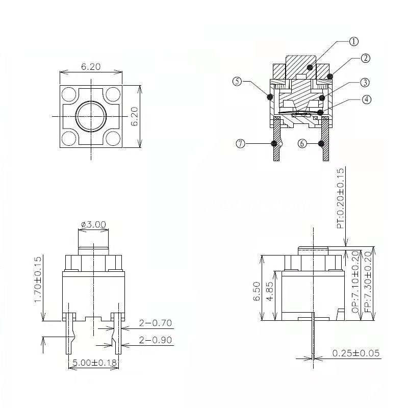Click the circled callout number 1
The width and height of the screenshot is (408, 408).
(x=353, y=41)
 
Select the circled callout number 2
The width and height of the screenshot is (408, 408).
(x=366, y=58)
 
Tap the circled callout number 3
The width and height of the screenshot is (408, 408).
(x=365, y=83)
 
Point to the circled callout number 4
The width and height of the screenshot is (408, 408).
(x=367, y=99)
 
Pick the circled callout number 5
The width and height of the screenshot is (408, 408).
(x=237, y=82)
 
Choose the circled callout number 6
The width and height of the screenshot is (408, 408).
(x=302, y=143)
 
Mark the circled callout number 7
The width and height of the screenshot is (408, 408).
(x=240, y=143)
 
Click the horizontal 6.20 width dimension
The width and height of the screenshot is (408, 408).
(x=91, y=67)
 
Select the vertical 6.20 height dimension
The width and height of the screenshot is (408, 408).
(x=135, y=116)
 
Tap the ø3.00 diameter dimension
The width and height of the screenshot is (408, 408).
(x=93, y=224)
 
